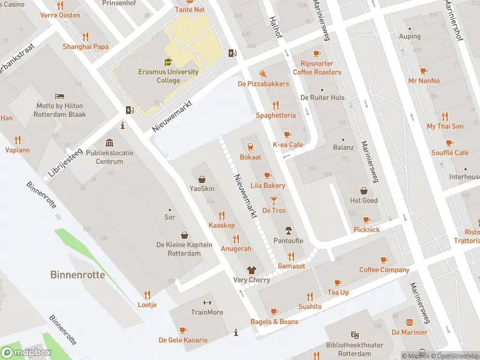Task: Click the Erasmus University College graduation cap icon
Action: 168,62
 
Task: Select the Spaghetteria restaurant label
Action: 275,115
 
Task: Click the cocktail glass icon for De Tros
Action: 274,200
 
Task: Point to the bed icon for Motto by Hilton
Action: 60,96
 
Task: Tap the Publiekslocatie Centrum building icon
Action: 109,143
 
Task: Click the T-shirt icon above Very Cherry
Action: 251,270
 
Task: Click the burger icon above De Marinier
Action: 409,322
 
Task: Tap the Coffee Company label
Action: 384,270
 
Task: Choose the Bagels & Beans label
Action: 274,322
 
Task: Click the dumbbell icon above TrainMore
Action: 207,302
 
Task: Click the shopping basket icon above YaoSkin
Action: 202,179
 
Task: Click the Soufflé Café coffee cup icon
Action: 449,143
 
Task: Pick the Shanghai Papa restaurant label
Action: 85,47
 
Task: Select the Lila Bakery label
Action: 268,185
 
